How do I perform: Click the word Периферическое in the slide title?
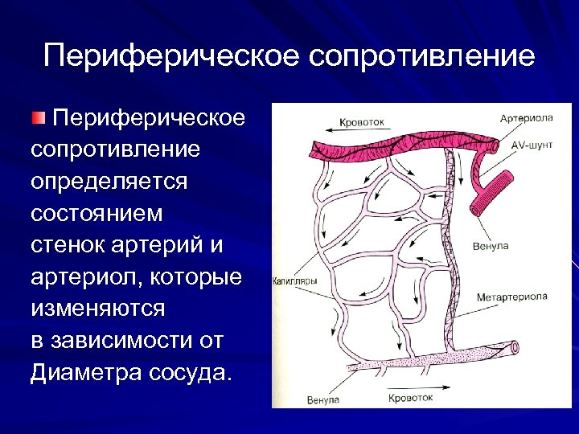pyautogui.click(x=169, y=57)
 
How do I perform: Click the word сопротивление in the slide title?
pyautogui.click(x=419, y=57)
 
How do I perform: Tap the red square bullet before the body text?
pyautogui.click(x=39, y=120)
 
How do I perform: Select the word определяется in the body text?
pyautogui.click(x=109, y=180)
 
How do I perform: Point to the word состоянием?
pyautogui.click(x=96, y=215)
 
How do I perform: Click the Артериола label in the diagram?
pyautogui.click(x=526, y=118)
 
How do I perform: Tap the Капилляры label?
pyautogui.click(x=294, y=281)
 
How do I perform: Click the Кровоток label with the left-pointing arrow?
pyautogui.click(x=362, y=122)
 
